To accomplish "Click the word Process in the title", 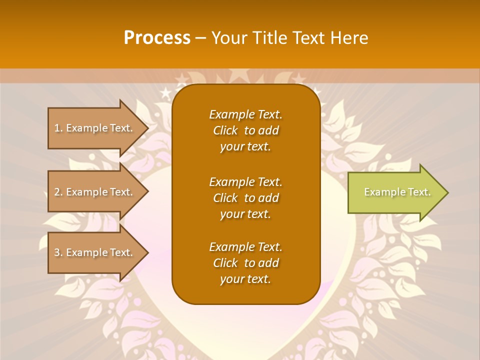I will point(157,38).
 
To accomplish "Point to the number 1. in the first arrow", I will point(58,128).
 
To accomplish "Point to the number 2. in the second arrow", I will point(58,192).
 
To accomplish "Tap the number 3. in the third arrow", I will point(58,252).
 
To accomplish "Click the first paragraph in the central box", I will point(245,130).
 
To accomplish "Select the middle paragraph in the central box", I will point(245,198).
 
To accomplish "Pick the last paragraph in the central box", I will point(245,263).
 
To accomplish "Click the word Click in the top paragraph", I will point(225,130).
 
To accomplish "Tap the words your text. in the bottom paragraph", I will point(245,279).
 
